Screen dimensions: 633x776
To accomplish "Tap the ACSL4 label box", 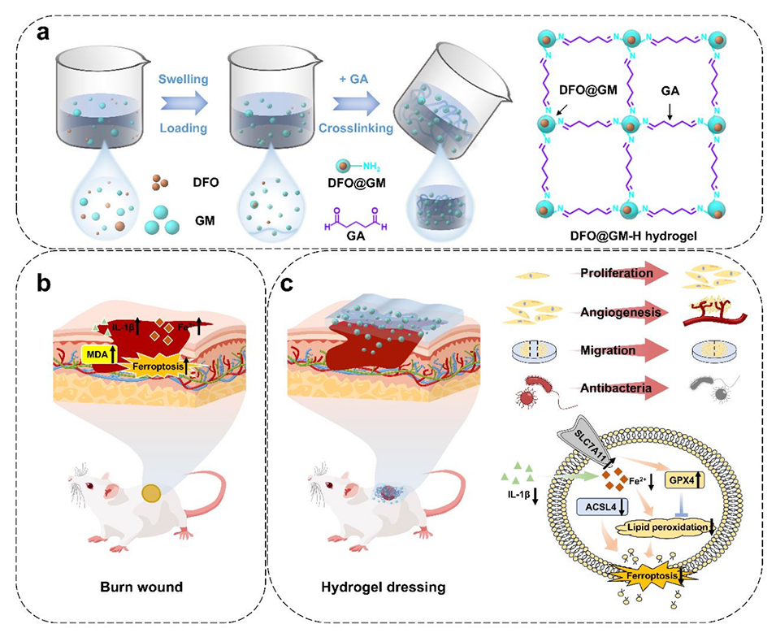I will [x=597, y=508].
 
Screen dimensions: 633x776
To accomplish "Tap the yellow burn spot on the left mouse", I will [x=151, y=492].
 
